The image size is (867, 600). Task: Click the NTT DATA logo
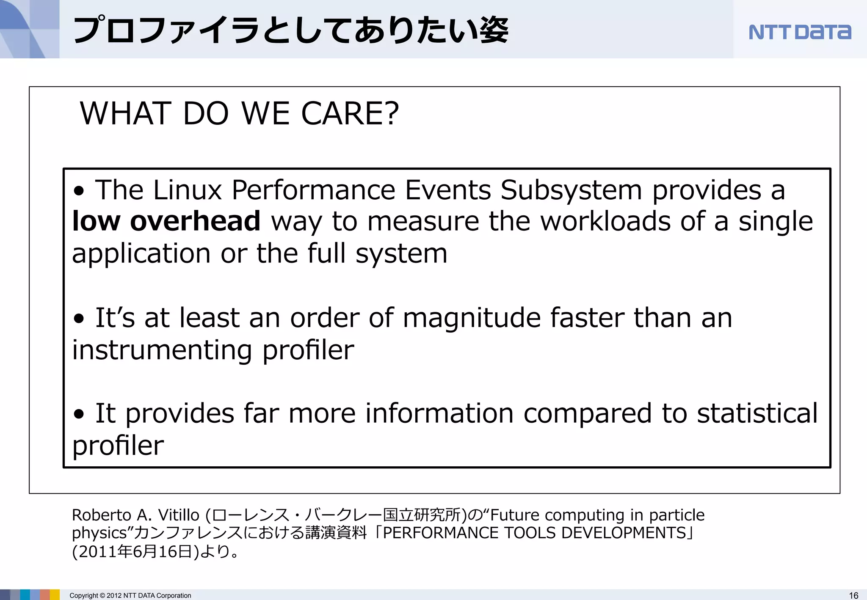[x=800, y=32]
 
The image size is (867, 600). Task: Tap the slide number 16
[x=853, y=595]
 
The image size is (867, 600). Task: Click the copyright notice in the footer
[x=130, y=595]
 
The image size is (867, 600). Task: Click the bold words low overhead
[x=166, y=221]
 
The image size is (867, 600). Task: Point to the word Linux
[x=187, y=190]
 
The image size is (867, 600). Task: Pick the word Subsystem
[x=571, y=190]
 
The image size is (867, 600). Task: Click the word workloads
[x=605, y=221]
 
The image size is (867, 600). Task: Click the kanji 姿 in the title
[x=494, y=30]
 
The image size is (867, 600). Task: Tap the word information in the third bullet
[x=439, y=413]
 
